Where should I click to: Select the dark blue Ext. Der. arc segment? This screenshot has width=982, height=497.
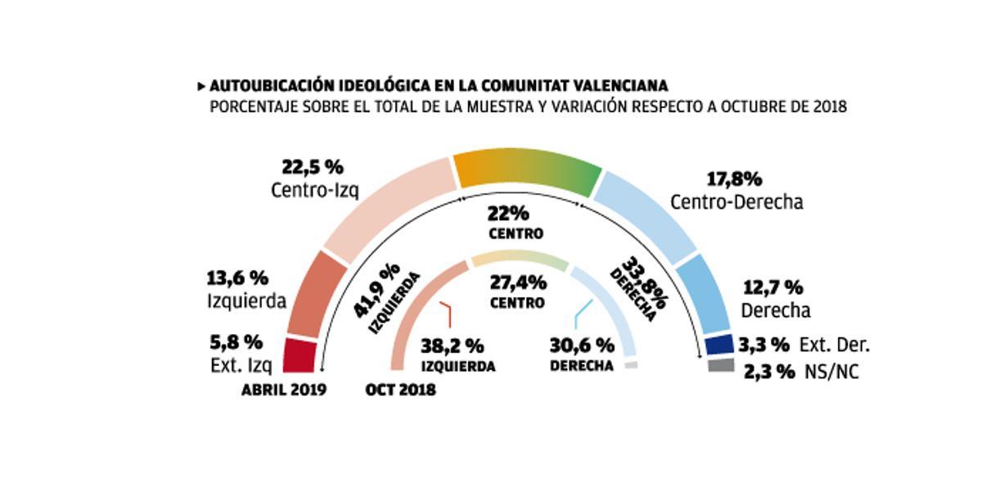718,344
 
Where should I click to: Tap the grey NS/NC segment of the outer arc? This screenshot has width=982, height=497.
721,365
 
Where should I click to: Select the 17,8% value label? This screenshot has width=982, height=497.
733,178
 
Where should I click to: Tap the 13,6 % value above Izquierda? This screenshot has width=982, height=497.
238,278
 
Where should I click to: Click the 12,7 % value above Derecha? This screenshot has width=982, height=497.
772,288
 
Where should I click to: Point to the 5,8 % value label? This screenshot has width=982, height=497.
237,341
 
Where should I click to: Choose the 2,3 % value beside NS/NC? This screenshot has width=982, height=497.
769,371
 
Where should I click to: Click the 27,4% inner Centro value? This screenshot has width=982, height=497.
518,283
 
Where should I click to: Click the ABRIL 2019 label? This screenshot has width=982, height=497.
283,390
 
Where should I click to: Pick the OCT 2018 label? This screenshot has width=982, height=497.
400,390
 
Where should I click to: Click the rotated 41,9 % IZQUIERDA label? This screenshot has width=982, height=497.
385,298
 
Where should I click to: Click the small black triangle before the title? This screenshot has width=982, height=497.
200,86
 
